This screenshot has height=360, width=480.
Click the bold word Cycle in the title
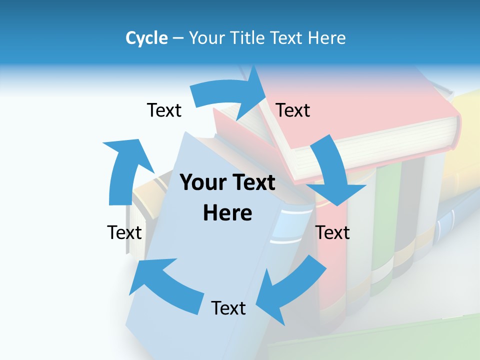[x=146, y=38]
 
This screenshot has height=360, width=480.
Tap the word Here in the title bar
[x=326, y=38]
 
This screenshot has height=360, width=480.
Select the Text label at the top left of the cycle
[x=164, y=110]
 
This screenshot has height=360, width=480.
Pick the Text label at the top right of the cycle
[x=293, y=110]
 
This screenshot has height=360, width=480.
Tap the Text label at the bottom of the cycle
[x=228, y=308]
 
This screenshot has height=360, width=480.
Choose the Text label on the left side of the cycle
[x=124, y=232]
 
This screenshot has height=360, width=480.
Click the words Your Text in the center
[x=227, y=183]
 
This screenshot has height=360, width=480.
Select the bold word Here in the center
[x=227, y=213]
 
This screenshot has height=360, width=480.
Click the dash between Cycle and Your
[x=178, y=38]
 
